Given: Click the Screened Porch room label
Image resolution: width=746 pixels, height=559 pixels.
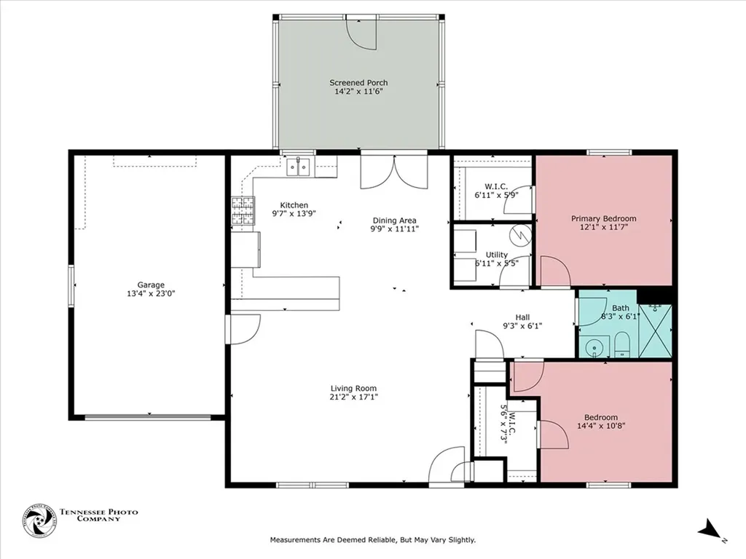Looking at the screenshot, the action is coord(358,83).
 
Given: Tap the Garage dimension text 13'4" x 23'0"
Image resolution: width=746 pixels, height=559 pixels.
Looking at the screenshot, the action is coord(151,294).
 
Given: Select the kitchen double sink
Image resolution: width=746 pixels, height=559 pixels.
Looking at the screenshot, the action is coord(298,167).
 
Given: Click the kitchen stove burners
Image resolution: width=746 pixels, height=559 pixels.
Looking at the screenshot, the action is coord(243,210).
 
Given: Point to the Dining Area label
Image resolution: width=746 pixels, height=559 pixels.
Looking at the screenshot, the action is coord(394,221).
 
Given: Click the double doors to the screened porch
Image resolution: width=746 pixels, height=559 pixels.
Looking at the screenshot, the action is coord(394,172).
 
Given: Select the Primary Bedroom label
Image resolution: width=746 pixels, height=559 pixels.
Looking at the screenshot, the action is coord(604,218).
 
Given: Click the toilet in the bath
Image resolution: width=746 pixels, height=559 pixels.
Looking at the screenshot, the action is coord(621,344).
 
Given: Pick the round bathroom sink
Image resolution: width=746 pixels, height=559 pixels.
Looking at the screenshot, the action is coord(594,347).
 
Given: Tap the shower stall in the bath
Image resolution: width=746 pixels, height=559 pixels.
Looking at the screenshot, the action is coord(655,330).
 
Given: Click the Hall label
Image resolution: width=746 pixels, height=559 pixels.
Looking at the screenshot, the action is coord(522,317).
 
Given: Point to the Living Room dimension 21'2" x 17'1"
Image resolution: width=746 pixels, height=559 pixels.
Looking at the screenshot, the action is coord(353,397).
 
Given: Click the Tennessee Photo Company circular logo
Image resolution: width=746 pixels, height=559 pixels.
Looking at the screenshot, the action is coord(39,521).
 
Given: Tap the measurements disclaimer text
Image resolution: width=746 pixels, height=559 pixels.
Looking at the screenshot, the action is coord(373,539).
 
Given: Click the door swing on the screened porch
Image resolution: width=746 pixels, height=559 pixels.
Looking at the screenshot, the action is coord(361,33).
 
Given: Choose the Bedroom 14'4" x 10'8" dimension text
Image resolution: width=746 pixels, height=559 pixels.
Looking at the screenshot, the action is coord(601,426).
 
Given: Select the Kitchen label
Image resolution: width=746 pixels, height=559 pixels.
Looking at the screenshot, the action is coord(294,205).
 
